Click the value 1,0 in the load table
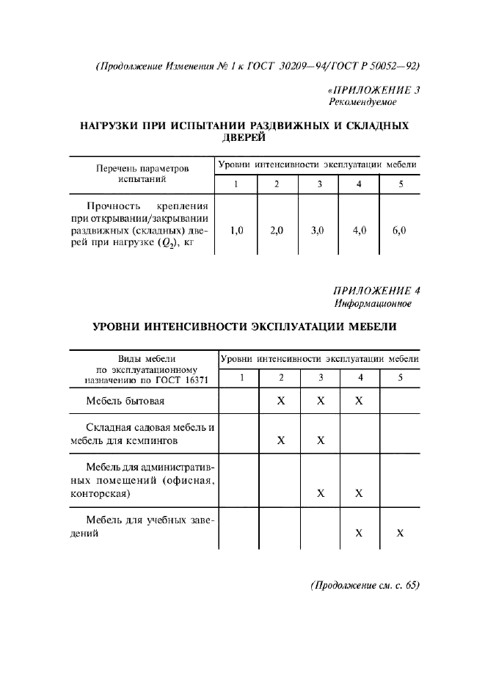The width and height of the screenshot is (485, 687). pyautogui.click(x=236, y=230)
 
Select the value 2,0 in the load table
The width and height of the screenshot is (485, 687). pyautogui.click(x=277, y=230)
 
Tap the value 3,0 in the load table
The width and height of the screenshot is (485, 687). pyautogui.click(x=318, y=230)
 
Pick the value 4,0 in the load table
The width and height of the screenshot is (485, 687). pyautogui.click(x=359, y=230)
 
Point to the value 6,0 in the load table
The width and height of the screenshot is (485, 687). pyautogui.click(x=399, y=230)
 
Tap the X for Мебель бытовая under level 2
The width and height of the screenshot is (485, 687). pyautogui.click(x=280, y=401)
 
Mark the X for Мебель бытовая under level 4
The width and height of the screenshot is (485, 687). pyautogui.click(x=359, y=401)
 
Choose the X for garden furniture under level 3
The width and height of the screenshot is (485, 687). pyautogui.click(x=321, y=440)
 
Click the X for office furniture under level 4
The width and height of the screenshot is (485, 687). pyautogui.click(x=359, y=493)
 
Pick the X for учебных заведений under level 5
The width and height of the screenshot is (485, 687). pyautogui.click(x=400, y=534)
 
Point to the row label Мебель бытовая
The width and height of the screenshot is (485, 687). pyautogui.click(x=125, y=401)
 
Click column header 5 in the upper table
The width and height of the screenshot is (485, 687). pyautogui.click(x=401, y=183)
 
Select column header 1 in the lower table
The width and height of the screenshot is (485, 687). pyautogui.click(x=239, y=378)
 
